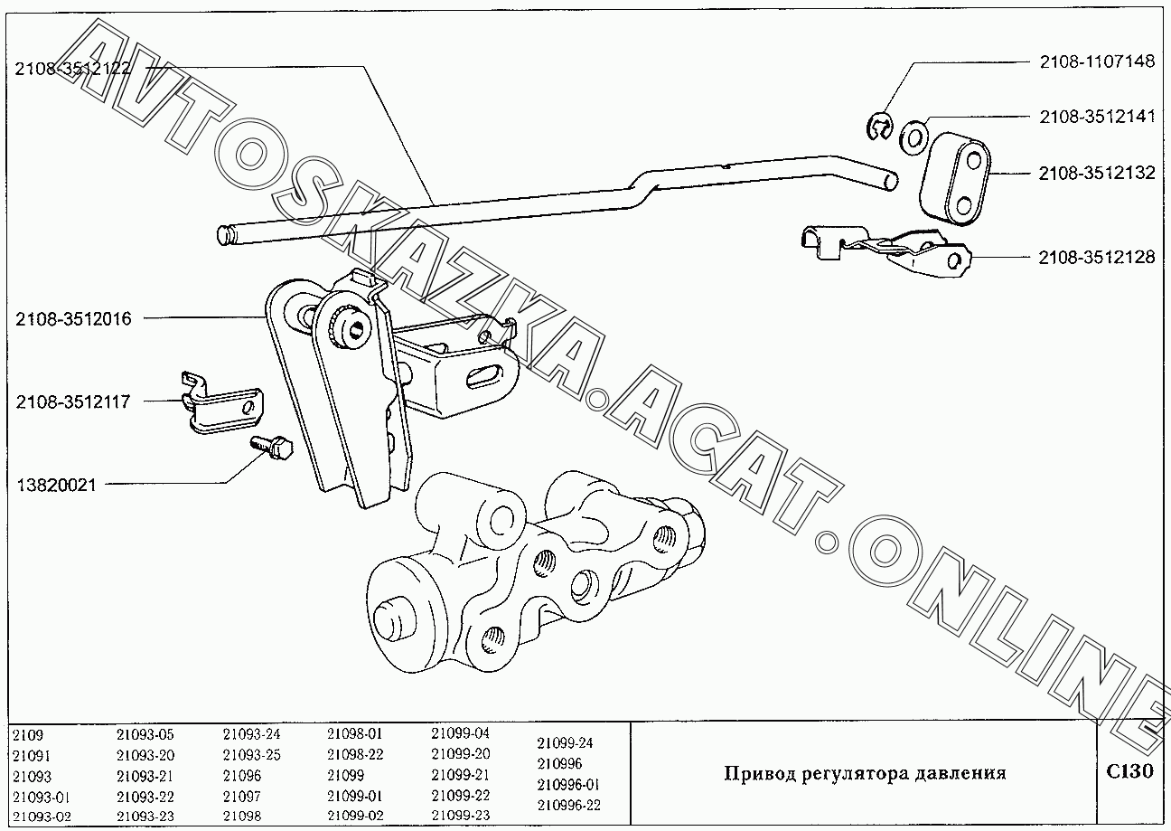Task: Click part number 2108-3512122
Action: coord(72,69)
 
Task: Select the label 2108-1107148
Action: coord(1097,61)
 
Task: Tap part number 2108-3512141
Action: coord(1097,117)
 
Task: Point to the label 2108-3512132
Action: coord(1096,173)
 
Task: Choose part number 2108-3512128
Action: coord(1096,258)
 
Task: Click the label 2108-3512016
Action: coord(73,318)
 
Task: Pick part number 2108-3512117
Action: coord(72,401)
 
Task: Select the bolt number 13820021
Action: coord(56,485)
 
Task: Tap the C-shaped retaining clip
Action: coord(879,127)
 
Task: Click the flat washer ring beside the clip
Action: coord(913,138)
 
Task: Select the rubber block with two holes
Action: coord(954,178)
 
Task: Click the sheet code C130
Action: coord(1129,770)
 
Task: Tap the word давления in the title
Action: coord(960,773)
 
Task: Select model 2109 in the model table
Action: coord(28,735)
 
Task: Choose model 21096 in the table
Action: coord(242,776)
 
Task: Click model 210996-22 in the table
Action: coord(568,805)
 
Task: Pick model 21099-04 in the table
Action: coord(460,733)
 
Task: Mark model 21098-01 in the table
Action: coord(355,733)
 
